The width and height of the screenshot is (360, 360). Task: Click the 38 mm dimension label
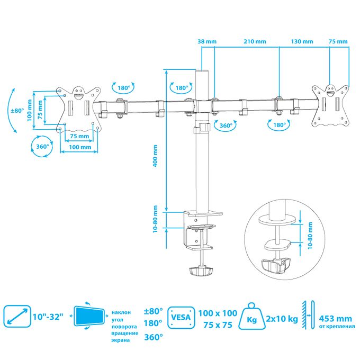coord(207,41)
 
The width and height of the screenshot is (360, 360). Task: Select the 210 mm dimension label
coord(255,41)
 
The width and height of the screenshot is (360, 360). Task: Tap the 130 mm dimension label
coord(302,41)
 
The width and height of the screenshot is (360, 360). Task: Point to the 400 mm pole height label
coord(155,156)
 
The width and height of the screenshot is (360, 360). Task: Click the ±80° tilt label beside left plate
coord(17,111)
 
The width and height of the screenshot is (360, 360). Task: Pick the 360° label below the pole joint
coord(226,125)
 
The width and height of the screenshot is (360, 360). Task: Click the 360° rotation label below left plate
coord(42,147)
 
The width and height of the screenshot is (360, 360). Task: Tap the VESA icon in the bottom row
coord(181,317)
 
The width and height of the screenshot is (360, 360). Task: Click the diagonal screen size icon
coord(17,316)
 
